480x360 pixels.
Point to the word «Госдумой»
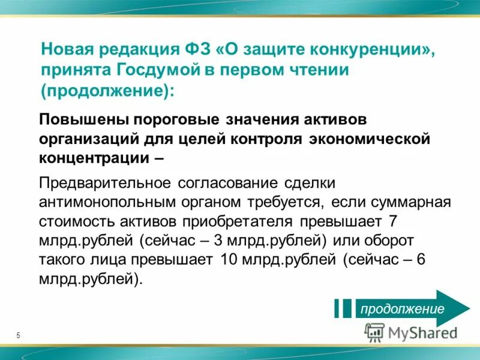(x=158, y=70)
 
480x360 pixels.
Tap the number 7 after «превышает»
(x=393, y=221)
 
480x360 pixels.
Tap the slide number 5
(x=18, y=335)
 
